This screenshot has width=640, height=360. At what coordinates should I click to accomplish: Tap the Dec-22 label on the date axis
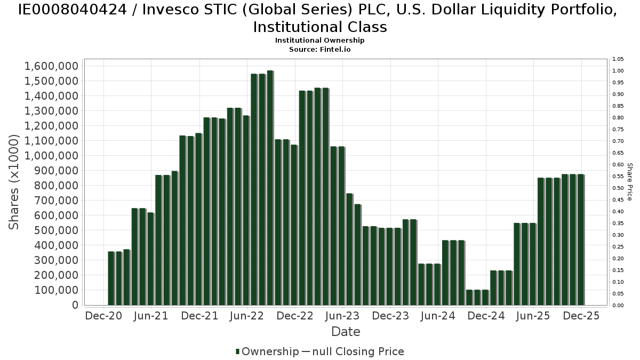coord(295,316)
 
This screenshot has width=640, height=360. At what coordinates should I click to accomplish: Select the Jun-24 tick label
coord(438,316)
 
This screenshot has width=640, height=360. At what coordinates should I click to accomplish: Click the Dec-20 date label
coord(103,316)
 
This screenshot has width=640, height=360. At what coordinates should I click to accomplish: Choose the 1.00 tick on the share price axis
coord(618,71)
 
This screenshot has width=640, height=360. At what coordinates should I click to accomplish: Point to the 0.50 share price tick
coord(618,188)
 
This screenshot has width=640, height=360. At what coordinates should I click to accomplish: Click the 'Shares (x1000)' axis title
coord(14,182)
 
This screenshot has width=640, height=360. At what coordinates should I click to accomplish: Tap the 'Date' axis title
coord(346,332)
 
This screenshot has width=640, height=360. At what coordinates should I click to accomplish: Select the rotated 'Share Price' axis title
coord(630,182)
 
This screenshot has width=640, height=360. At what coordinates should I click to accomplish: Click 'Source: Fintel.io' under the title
coord(319,49)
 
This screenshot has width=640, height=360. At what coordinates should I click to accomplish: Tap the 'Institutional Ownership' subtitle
coord(319,41)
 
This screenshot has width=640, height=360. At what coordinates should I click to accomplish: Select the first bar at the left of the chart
coord(111,278)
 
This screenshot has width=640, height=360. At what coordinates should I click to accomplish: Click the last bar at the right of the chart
coord(581,239)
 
